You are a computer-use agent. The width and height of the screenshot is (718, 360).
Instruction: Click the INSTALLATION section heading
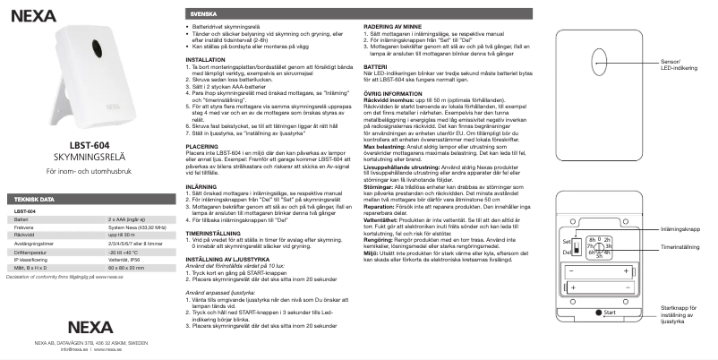205,59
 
